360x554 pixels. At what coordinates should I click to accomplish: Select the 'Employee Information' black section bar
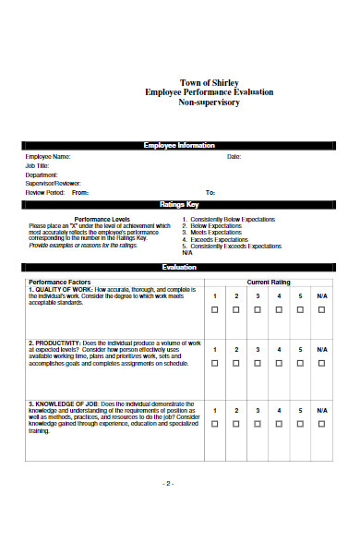(179, 146)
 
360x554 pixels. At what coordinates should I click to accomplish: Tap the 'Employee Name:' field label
(48, 157)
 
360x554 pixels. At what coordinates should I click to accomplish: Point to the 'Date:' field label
(234, 157)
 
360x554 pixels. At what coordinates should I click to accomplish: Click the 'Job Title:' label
(39, 165)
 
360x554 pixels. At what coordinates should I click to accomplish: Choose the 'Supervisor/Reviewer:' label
(54, 183)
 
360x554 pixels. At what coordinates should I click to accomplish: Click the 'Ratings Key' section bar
(179, 204)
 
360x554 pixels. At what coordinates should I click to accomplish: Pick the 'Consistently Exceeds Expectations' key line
(234, 247)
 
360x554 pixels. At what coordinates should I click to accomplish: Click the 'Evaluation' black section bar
(179, 267)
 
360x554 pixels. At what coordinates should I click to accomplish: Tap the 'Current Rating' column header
(268, 281)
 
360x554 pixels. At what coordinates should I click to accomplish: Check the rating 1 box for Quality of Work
(215, 310)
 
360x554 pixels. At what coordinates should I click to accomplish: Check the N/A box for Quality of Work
(321, 310)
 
